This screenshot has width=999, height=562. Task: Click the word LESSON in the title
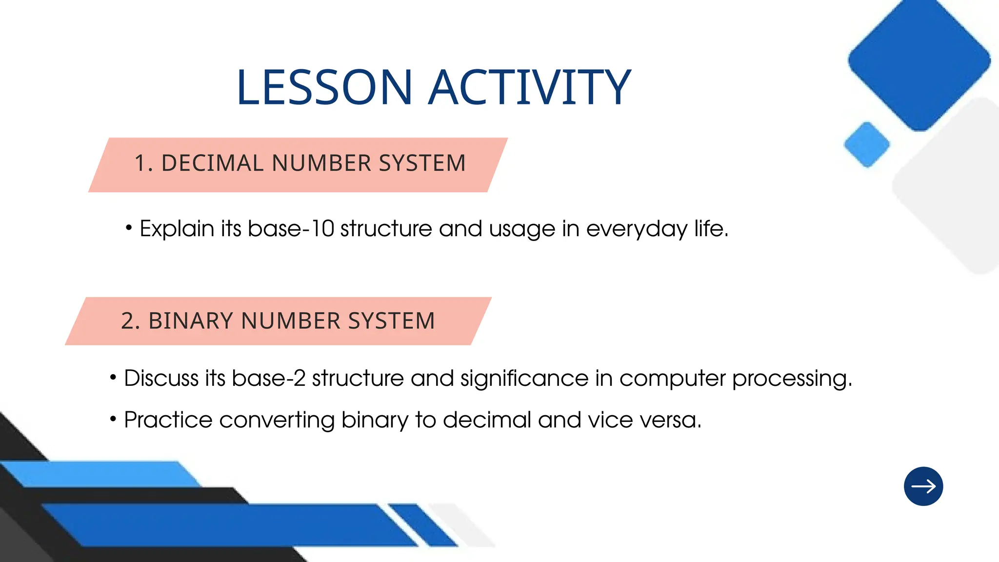tap(324, 88)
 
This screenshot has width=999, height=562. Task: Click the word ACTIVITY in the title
tap(529, 88)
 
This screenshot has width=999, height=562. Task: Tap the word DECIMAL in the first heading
tap(213, 163)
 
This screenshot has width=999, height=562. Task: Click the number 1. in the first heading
tap(143, 163)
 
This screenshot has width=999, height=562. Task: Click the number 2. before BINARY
tap(130, 321)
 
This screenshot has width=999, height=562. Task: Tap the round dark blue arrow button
tap(923, 486)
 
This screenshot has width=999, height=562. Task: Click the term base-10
tap(291, 229)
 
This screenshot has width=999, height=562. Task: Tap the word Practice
tap(168, 420)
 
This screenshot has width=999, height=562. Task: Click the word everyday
tap(637, 229)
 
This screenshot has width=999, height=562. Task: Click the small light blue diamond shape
tap(867, 145)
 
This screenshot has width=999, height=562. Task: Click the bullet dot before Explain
tap(129, 228)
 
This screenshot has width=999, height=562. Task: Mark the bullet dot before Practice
tap(113, 419)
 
